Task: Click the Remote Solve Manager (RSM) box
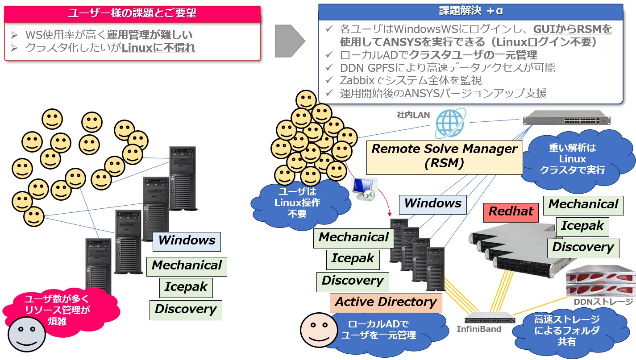(x=445, y=156)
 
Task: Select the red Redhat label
(x=511, y=211)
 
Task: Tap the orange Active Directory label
(x=386, y=302)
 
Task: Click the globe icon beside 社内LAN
(x=449, y=123)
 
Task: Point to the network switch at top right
(x=566, y=120)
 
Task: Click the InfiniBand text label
(x=479, y=329)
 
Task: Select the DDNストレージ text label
(x=603, y=302)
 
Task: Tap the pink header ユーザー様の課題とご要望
(x=132, y=13)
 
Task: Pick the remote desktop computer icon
(x=364, y=189)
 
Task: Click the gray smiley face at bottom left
(x=26, y=334)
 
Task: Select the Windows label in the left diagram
(x=187, y=240)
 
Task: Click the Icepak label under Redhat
(x=582, y=226)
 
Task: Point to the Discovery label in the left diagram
(x=185, y=309)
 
